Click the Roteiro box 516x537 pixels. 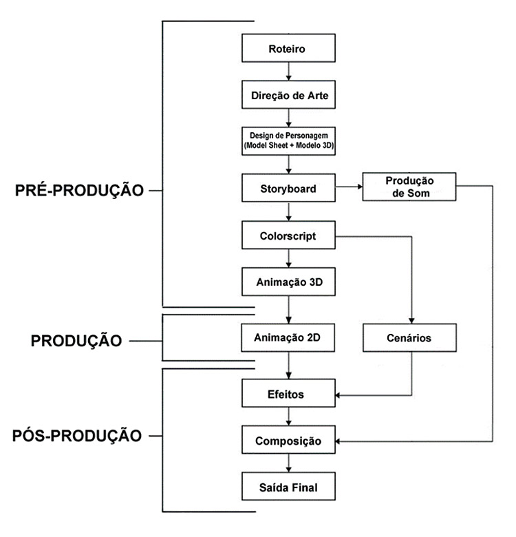pos(288,50)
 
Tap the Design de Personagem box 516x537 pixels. pos(288,141)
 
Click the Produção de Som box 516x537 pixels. pos(410,187)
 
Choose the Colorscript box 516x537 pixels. pos(288,235)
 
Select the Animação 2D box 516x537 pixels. pos(288,338)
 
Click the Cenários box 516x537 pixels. pos(410,338)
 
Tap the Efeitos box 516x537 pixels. pos(288,395)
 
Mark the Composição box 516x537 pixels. pos(288,441)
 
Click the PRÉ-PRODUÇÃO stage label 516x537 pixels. pos(79,191)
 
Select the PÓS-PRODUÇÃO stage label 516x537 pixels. pos(78,436)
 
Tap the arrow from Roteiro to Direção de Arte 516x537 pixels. pos(288,72)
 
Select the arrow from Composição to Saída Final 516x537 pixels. pos(288,463)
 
